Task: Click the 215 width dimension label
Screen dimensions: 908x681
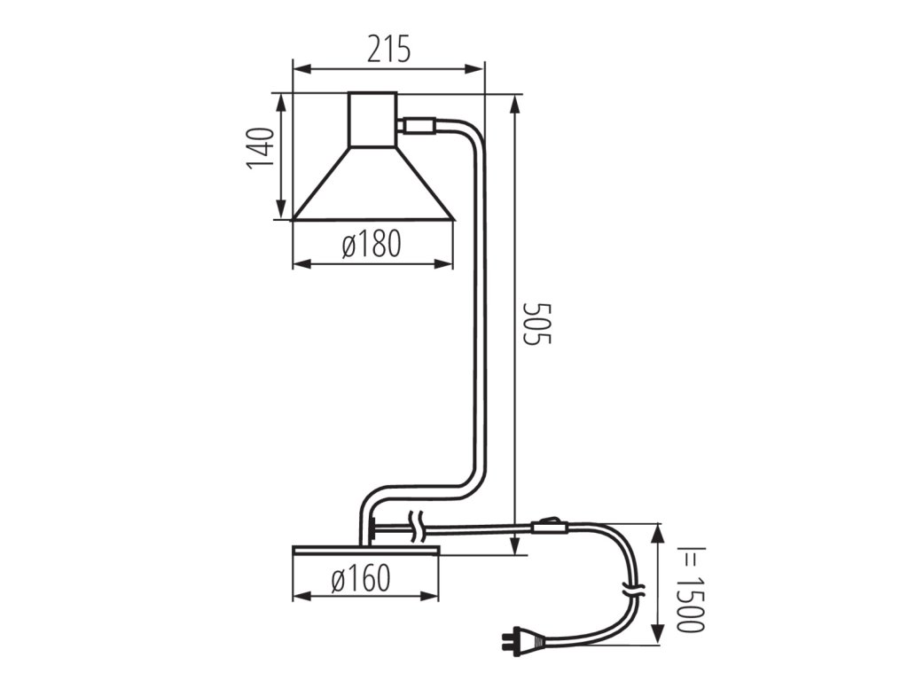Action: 388,49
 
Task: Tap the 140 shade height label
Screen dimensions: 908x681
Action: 260,148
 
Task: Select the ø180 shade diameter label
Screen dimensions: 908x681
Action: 372,244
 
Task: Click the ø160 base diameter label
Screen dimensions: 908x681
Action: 361,578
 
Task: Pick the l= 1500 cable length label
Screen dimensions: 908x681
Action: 691,589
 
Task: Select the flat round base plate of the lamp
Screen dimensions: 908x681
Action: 366,550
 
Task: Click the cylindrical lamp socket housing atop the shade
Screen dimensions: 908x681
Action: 372,120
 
